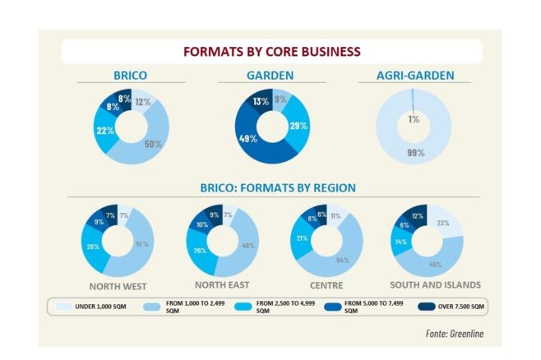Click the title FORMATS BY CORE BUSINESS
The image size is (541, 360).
270,52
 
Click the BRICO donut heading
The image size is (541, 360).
131,76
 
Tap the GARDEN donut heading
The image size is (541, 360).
270,76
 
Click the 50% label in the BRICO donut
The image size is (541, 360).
153,145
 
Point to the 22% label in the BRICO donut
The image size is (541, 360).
104,131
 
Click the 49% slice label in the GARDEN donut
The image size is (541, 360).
244,138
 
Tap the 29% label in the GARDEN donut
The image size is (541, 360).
298,126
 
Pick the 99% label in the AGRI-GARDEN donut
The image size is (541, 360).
414,153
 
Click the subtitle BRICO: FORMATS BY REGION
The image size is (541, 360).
279,188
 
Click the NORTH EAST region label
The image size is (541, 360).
220,285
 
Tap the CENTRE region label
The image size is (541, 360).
327,285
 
